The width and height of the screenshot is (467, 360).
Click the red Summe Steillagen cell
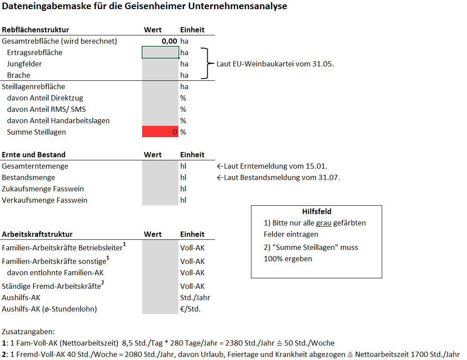coord(160,132)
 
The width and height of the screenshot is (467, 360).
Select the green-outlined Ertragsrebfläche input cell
coord(160,52)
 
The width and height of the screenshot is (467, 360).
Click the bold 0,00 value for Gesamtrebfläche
coord(169,41)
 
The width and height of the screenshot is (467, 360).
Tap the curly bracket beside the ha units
coord(206,64)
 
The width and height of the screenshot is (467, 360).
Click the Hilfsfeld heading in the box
coord(317,211)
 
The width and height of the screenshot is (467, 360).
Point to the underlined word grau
coord(324,223)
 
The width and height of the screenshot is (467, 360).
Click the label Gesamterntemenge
coord(35,166)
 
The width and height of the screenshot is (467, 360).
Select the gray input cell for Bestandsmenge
coord(160,177)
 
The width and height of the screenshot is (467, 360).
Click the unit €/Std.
coord(190,309)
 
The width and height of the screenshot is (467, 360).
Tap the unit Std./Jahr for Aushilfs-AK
coord(195,298)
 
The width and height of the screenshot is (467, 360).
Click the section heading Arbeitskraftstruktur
coord(37,234)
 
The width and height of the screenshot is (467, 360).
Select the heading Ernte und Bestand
coord(34,155)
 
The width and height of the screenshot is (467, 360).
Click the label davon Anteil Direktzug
coord(45,98)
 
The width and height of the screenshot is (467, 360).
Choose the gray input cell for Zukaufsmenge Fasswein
coord(160,189)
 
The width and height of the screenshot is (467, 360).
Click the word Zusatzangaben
coord(28,332)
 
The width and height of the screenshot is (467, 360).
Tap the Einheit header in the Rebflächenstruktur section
coord(192,30)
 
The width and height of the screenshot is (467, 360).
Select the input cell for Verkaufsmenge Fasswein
coord(160,200)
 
